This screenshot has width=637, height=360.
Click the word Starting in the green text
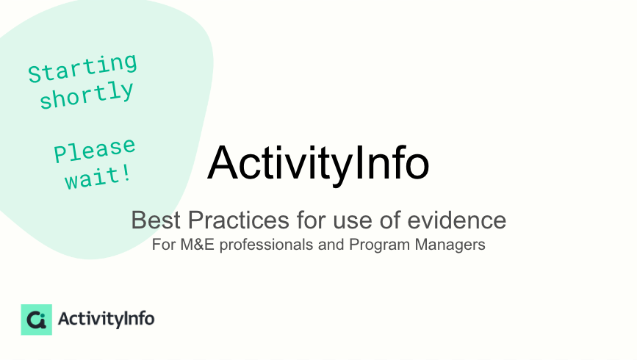(x=82, y=68)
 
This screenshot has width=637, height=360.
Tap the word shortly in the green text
(x=87, y=95)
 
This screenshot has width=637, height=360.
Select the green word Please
(x=95, y=150)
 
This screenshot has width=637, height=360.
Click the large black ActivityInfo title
(x=318, y=164)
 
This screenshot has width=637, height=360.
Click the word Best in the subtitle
(x=156, y=220)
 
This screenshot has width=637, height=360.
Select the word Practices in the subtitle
(x=239, y=220)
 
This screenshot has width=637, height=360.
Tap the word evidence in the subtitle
(x=456, y=220)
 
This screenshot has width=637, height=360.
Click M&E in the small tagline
(x=197, y=245)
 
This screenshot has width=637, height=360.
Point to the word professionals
(x=267, y=245)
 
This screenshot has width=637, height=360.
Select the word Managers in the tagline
(x=450, y=245)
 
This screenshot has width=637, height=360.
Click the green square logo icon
(x=37, y=320)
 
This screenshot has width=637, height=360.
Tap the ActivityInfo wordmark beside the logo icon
(x=107, y=320)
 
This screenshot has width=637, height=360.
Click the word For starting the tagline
(x=164, y=245)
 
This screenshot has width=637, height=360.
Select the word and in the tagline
(x=331, y=245)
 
